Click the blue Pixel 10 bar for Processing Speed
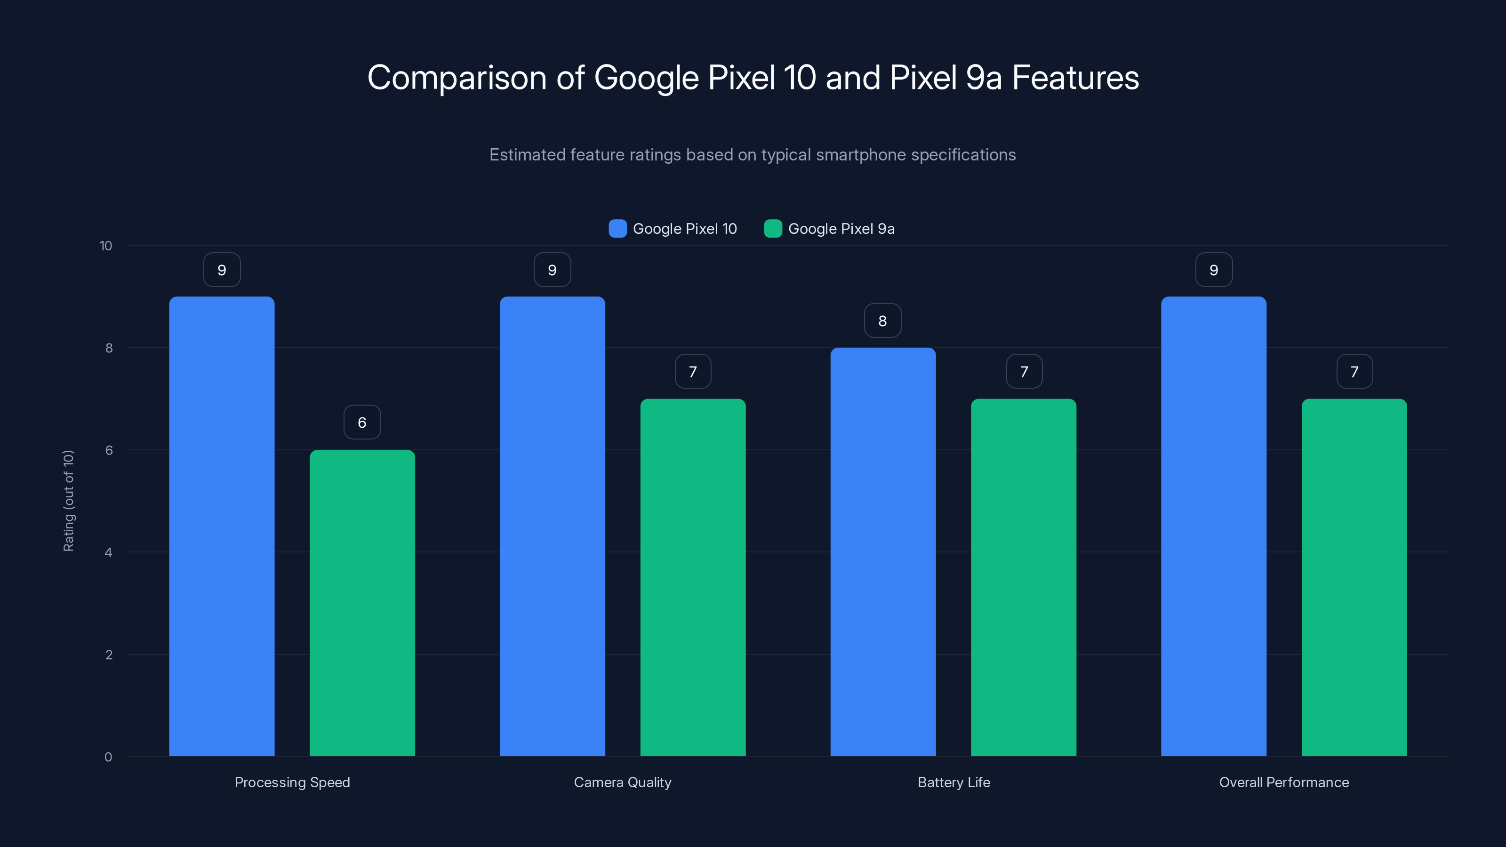(x=222, y=526)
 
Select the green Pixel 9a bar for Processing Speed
(x=362, y=603)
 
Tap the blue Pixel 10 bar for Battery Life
(x=883, y=552)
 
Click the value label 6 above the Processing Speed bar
(x=362, y=422)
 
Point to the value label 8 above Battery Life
(x=883, y=320)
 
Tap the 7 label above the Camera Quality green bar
(x=693, y=371)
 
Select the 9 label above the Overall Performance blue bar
(x=1214, y=270)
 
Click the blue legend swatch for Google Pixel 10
(x=617, y=229)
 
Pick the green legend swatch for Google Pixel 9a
(x=773, y=229)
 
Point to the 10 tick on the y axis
(x=106, y=246)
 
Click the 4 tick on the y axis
(x=108, y=552)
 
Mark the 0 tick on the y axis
(x=108, y=757)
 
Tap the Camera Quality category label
(x=623, y=782)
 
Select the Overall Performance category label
(x=1284, y=782)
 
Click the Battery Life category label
(x=953, y=782)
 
